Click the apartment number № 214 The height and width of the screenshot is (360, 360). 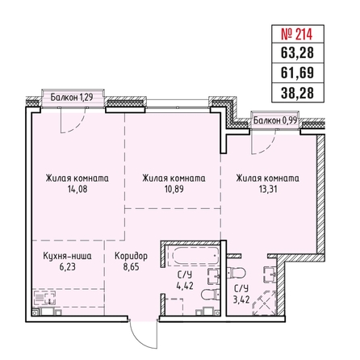pos(297,34)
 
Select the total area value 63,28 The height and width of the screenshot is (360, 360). pos(297,52)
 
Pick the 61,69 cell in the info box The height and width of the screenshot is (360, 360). pos(297,73)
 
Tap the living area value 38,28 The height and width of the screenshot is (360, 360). pos(297,92)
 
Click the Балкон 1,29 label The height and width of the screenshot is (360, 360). pos(72,97)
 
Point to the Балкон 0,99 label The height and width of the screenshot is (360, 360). pos(275,120)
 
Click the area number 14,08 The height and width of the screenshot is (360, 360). pos(77,189)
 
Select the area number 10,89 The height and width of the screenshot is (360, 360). pos(174,189)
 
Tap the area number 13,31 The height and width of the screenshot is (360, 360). pos(268,189)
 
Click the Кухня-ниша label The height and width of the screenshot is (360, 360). pos(67,256)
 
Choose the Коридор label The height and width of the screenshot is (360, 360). pos(131,256)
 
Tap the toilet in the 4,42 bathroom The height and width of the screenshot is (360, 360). pos(211,295)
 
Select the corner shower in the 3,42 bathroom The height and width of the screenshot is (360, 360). pos(265,303)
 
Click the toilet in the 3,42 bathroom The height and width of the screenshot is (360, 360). pos(237,274)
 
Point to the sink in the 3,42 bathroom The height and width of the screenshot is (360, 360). pos(270,274)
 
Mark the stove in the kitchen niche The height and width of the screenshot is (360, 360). pos(44,299)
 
